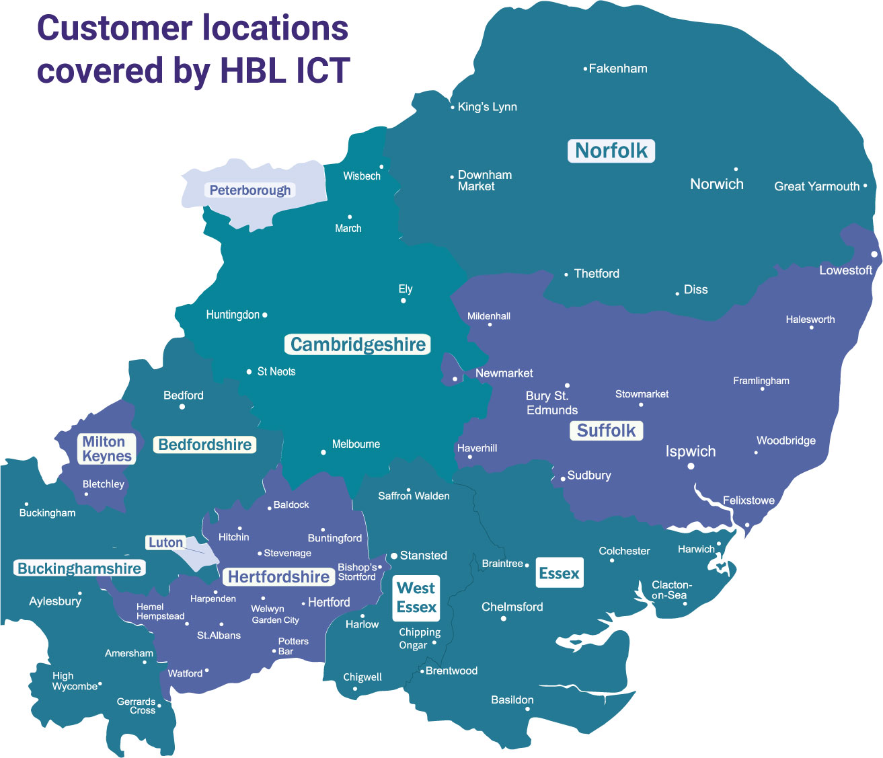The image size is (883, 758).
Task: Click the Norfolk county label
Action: pos(611,151)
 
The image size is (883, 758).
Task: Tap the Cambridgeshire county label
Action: pos(358,345)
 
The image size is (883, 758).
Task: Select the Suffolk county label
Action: pos(607,430)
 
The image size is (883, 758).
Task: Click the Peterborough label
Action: pos(250,190)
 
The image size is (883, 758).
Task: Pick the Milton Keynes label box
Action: pos(107,449)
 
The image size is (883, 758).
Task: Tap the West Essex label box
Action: pos(416,597)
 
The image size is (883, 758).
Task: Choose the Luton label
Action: pos(165,543)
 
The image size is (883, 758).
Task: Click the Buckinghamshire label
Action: pos(79,568)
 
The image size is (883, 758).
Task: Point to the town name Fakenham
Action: pos(618,69)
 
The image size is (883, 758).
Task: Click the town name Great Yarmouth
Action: pos(816,186)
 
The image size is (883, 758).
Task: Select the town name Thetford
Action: pos(597,274)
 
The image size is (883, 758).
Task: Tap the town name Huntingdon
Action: pos(233,315)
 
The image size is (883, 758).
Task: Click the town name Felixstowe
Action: pos(748,500)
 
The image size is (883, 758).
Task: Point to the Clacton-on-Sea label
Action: pos(671,590)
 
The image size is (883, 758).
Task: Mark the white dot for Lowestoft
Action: pos(874,254)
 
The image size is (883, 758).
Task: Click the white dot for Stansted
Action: pos(394,556)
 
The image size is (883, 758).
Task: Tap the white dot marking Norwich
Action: pos(736,169)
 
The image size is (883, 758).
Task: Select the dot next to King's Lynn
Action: pos(453,108)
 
